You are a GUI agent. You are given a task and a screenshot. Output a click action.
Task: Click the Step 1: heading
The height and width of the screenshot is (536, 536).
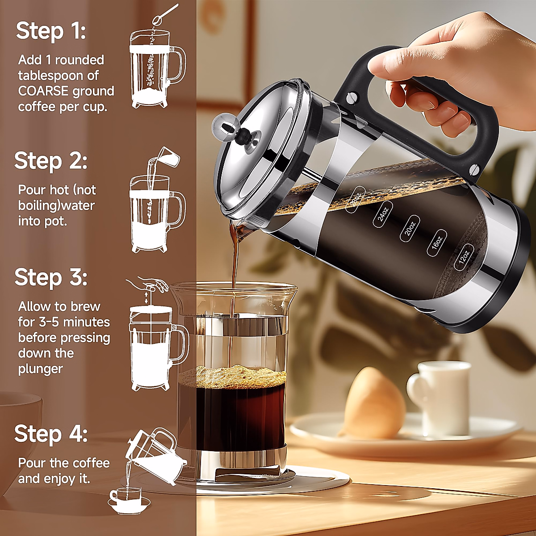[x=50, y=32]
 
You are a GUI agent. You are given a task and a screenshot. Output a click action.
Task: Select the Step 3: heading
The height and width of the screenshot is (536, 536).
[x=50, y=277]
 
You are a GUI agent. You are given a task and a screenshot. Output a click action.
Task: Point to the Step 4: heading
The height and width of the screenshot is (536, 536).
[x=50, y=434]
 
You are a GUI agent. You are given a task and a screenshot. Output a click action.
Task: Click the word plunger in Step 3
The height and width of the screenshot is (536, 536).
[x=40, y=369]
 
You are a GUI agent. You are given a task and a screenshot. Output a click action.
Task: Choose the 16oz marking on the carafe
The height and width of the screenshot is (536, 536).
[x=437, y=245]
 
